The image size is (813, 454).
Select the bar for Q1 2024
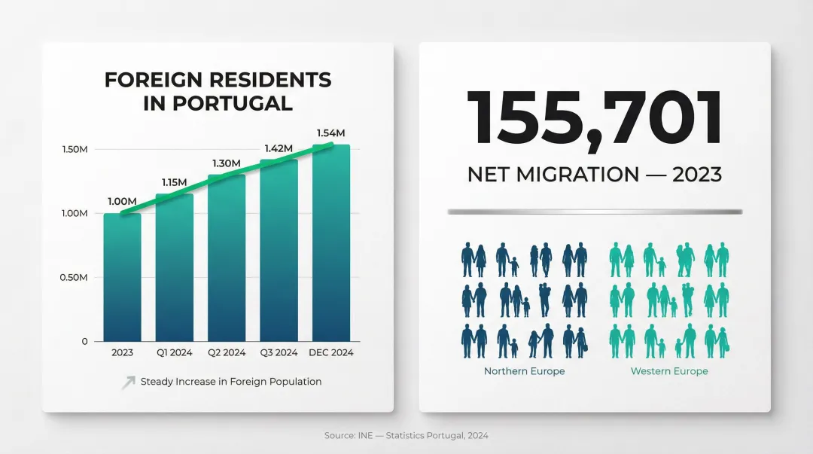[x=174, y=267]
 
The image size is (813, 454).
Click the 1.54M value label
[x=330, y=133]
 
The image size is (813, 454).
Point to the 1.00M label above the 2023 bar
[x=122, y=201]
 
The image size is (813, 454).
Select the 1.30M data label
[x=226, y=163]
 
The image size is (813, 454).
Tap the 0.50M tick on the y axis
[x=75, y=278]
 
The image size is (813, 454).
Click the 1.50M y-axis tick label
[x=75, y=150]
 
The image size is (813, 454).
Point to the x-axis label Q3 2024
[x=279, y=352]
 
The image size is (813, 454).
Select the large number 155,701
[x=594, y=118]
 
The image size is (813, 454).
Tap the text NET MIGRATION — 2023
[x=594, y=175]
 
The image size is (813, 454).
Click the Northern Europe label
[x=524, y=371]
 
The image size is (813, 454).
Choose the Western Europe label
[x=669, y=371]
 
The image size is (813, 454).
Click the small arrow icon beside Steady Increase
[x=128, y=382]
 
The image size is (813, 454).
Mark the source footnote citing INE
[x=406, y=435]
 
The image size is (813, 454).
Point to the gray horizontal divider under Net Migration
[x=594, y=212]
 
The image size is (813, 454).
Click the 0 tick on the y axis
[x=85, y=342]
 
